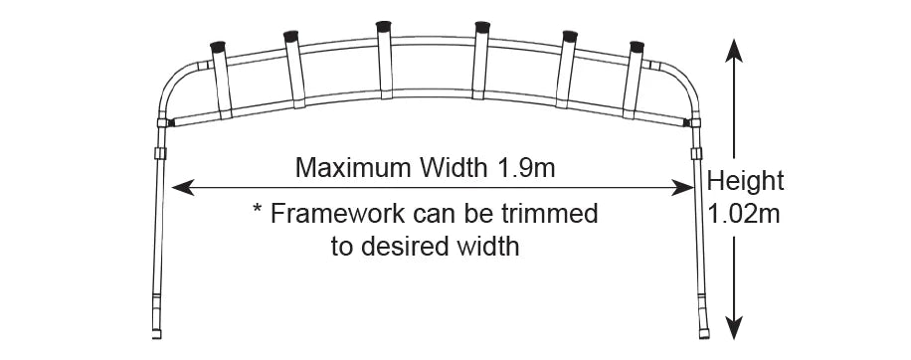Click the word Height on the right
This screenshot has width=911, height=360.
745,181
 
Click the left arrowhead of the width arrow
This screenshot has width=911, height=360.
178,186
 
